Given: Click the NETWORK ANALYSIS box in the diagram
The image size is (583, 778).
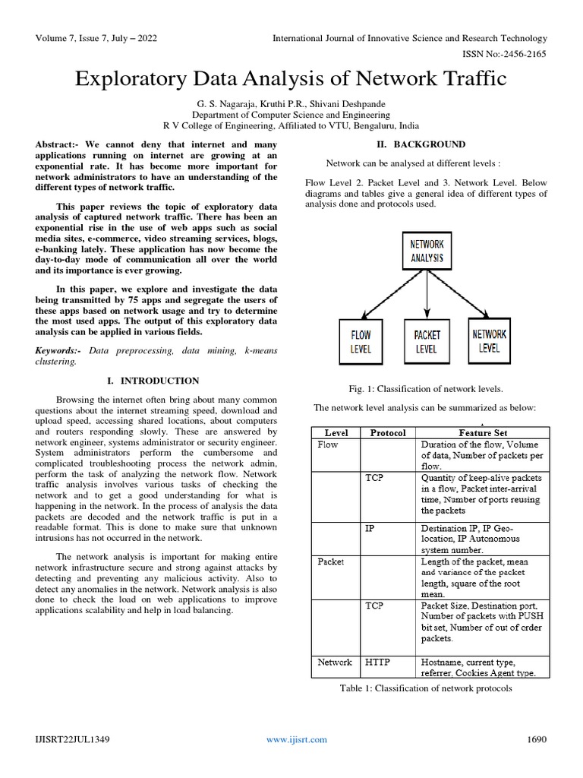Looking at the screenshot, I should (427, 251).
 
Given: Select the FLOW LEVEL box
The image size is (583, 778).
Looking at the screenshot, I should (361, 341).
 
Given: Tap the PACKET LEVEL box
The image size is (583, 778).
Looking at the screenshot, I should (427, 341).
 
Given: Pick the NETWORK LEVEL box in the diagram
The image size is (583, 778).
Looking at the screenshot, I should (490, 340).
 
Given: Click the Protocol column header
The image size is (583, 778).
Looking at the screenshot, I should (388, 432).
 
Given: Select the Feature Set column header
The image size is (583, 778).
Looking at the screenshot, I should (482, 432).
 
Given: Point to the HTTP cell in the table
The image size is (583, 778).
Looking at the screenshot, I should (377, 662).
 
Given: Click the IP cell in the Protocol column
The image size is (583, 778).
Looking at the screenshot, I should (370, 527).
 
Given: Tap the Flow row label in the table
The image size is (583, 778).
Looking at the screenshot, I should (327, 444).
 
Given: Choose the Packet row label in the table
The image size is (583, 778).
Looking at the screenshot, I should (331, 561).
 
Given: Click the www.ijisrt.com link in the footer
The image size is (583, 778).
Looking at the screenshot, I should (297, 739).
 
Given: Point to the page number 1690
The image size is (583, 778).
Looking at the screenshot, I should (537, 739).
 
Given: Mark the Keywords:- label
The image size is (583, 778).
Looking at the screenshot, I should (61, 350).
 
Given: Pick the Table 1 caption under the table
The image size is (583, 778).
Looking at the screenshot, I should (425, 688).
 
